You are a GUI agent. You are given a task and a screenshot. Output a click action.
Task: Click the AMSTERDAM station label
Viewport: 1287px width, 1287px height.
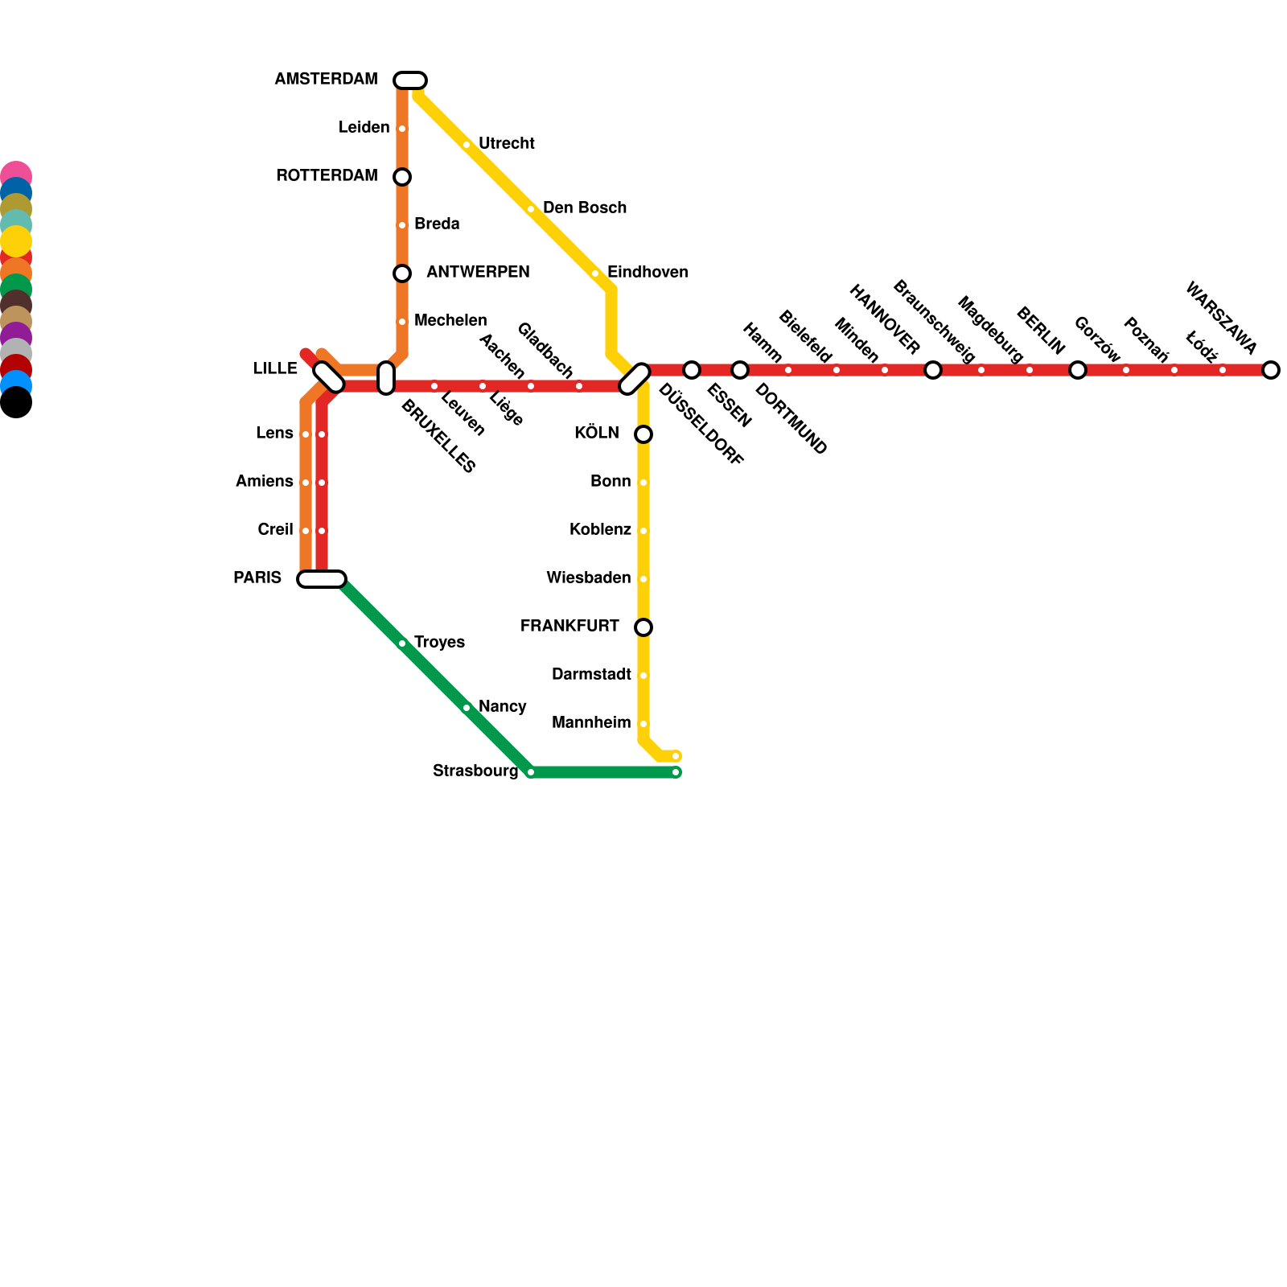[326, 80]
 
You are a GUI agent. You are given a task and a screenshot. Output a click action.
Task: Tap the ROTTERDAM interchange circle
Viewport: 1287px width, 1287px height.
[402, 177]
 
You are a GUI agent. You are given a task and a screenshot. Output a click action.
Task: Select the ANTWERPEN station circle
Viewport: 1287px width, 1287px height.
[402, 273]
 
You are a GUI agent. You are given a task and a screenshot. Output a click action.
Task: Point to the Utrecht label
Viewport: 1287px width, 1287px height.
[506, 144]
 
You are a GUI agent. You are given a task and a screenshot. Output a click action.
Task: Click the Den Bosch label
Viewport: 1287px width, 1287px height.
[584, 208]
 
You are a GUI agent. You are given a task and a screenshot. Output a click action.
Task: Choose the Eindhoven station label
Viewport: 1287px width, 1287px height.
[647, 273]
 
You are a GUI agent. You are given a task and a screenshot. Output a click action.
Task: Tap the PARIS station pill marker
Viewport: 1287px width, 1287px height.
[322, 579]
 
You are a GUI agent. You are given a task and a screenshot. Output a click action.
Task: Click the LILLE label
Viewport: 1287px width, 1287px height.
[275, 369]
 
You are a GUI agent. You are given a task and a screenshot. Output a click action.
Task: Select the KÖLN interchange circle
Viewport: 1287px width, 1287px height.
[643, 434]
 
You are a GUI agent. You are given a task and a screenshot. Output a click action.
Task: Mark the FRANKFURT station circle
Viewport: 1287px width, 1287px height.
[643, 627]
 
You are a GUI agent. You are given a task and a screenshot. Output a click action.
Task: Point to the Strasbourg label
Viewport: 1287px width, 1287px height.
[475, 771]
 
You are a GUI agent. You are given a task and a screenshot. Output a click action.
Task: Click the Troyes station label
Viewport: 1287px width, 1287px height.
[439, 643]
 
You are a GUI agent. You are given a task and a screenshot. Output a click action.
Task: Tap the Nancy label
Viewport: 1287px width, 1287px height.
[502, 707]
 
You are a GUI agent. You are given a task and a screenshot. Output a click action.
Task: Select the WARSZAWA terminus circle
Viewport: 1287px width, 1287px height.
[1271, 370]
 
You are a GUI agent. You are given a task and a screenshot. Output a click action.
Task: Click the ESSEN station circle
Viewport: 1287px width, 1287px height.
[692, 370]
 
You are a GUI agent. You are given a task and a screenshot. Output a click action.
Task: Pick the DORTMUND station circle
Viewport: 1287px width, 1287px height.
[740, 370]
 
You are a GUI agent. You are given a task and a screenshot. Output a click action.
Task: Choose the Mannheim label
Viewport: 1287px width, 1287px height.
[591, 723]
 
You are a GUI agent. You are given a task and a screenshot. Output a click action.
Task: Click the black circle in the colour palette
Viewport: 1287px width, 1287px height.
[15, 403]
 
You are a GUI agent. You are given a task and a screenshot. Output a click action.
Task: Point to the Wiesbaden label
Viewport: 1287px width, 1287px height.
[588, 578]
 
